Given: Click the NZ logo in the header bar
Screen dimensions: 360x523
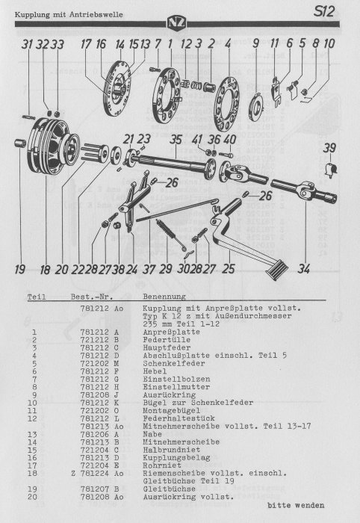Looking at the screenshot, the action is tap(177, 23).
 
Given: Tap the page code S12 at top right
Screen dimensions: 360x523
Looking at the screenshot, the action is tap(323, 12).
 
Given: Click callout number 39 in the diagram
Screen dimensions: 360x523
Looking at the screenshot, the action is tap(329, 148).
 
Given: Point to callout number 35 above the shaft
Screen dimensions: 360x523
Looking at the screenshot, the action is tap(176, 139).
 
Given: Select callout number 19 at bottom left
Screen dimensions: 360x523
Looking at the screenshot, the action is tap(19, 269).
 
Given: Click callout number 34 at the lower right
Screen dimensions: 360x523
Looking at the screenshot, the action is tap(304, 268).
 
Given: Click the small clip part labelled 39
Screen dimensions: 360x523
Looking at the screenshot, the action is tap(332, 169).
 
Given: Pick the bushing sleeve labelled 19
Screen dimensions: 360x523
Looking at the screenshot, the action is tap(20, 143).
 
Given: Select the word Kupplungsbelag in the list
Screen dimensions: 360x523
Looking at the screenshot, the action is tap(176, 457).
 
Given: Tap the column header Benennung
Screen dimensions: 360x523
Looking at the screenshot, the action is tap(164, 296).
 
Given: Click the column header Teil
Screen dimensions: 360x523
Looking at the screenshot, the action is tap(37, 297).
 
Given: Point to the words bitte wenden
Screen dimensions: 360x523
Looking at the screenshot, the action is tap(296, 505).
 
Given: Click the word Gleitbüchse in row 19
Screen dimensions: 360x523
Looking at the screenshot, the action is tap(169, 489).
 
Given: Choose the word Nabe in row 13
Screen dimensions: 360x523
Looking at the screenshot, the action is tap(152, 434).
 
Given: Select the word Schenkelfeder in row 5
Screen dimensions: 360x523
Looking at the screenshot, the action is tap(174, 363).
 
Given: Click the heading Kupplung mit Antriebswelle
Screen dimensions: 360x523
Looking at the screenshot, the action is tap(69, 15).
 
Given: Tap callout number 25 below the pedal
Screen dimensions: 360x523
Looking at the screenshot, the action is tap(229, 268).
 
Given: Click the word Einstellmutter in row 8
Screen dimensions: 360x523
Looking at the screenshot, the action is tap(176, 387).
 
